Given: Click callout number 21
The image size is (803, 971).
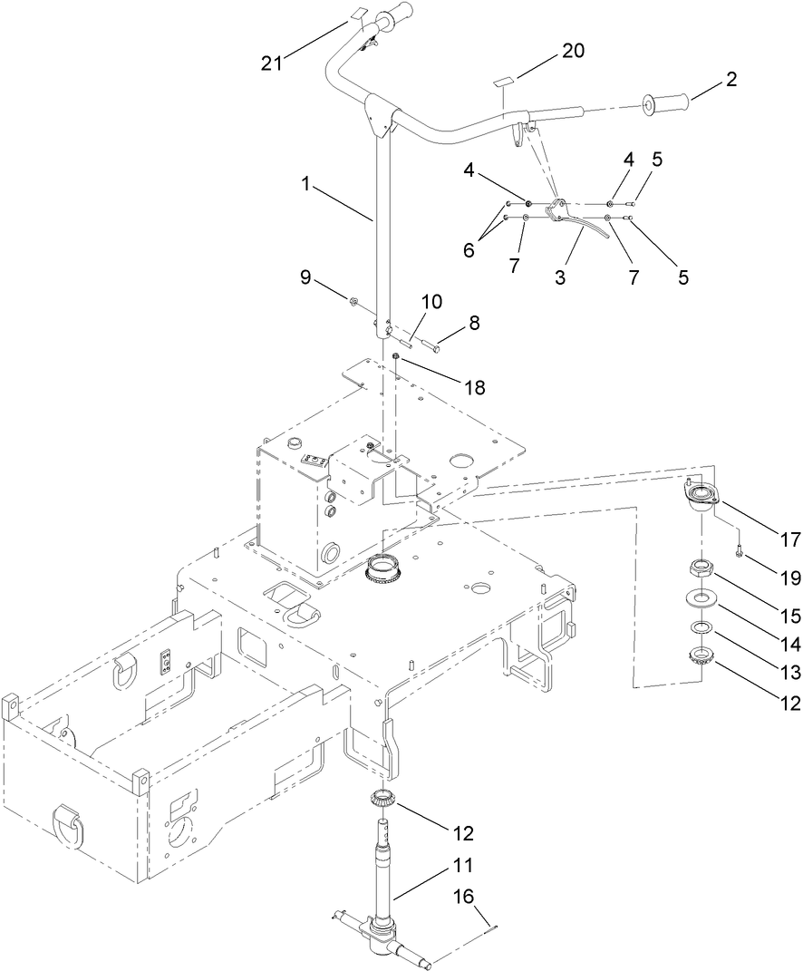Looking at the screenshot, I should click(x=271, y=63).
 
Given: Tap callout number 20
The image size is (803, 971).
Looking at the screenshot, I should click(x=573, y=51).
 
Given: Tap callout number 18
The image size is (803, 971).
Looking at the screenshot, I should click(x=475, y=387).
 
